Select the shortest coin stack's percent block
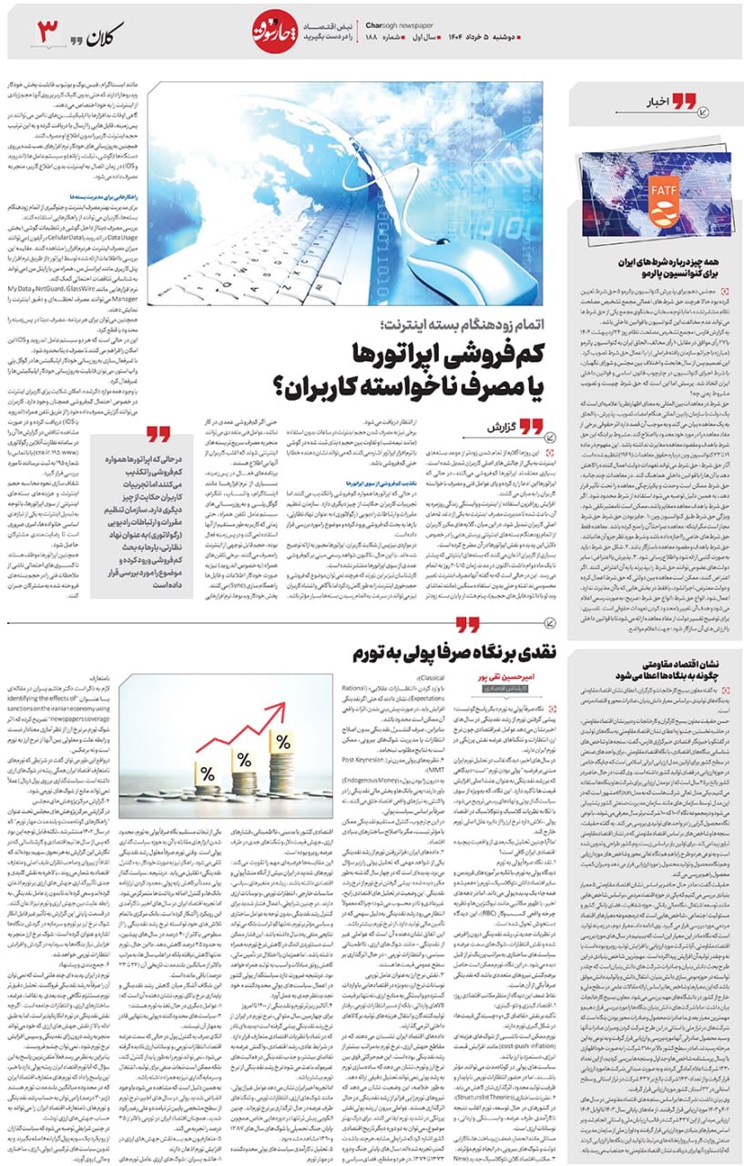(208, 774)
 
